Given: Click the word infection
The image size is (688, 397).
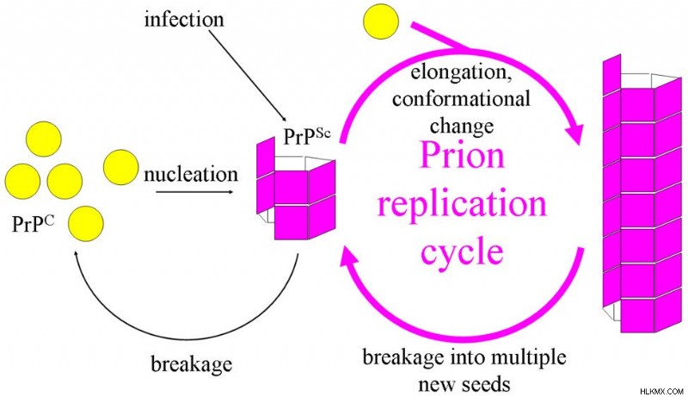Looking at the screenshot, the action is [x=184, y=19].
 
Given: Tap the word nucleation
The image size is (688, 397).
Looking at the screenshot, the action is [x=190, y=174].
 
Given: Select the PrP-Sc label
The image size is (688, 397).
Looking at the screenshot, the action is [x=307, y=136].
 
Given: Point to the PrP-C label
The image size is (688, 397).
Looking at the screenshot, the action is [x=33, y=223].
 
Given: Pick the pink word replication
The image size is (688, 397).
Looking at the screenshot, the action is [x=462, y=204].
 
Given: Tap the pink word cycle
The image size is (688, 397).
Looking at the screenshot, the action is [x=462, y=251].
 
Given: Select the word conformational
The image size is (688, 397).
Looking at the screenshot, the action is [x=461, y=99].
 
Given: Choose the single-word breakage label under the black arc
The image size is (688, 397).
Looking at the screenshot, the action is [x=192, y=364].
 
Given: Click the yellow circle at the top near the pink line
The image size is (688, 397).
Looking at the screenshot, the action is [x=381, y=21].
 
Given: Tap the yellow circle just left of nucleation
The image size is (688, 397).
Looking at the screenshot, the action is [x=121, y=167].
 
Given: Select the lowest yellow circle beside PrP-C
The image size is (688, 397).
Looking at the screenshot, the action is [x=86, y=224].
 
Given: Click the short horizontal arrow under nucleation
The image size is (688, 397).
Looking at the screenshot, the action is [x=194, y=192].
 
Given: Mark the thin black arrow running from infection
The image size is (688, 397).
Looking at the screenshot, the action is [x=248, y=75].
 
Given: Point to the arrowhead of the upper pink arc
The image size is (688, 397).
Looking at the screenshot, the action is [x=576, y=132].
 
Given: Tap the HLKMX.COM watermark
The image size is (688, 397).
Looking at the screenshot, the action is [x=662, y=391].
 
